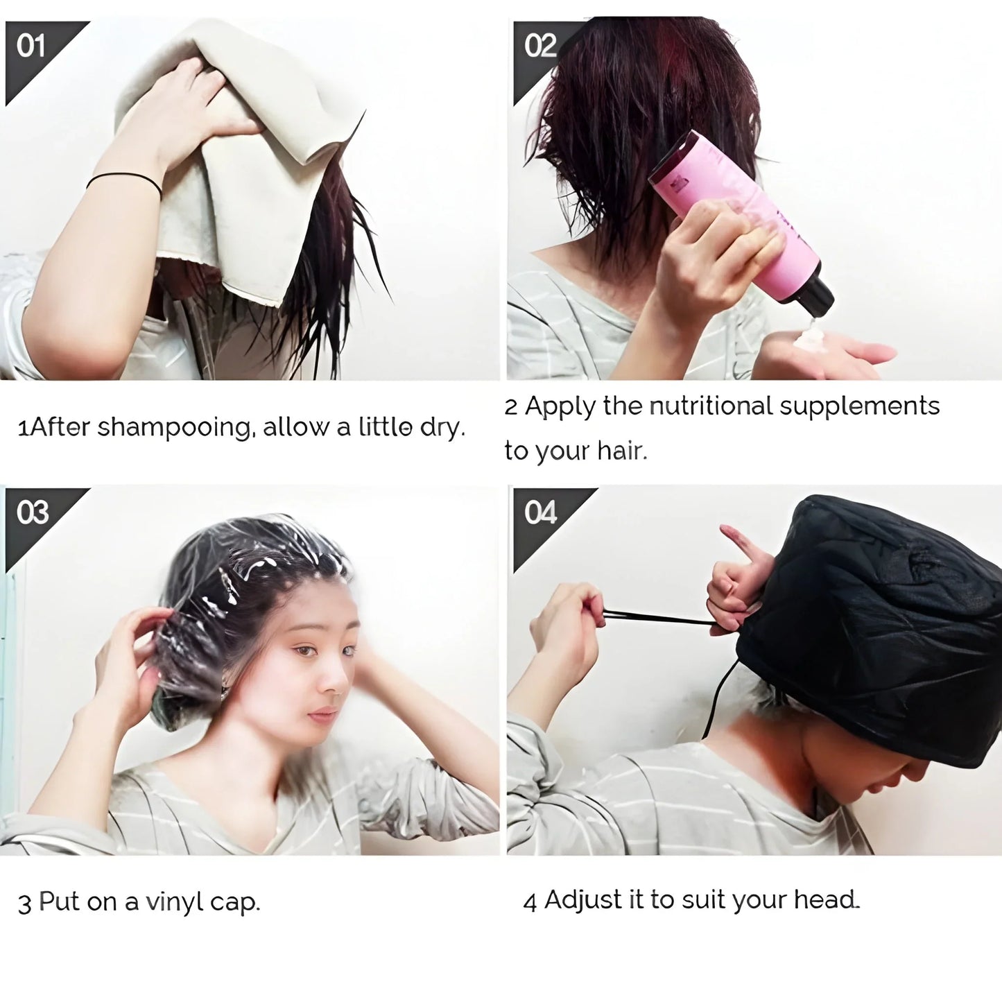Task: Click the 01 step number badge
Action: click(31, 47)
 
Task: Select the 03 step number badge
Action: click(32, 513)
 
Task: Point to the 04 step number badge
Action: click(540, 513)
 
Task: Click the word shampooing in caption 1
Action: click(173, 428)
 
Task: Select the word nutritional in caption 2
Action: click(709, 406)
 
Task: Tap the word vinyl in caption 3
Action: click(174, 902)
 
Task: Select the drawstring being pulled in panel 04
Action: click(659, 618)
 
